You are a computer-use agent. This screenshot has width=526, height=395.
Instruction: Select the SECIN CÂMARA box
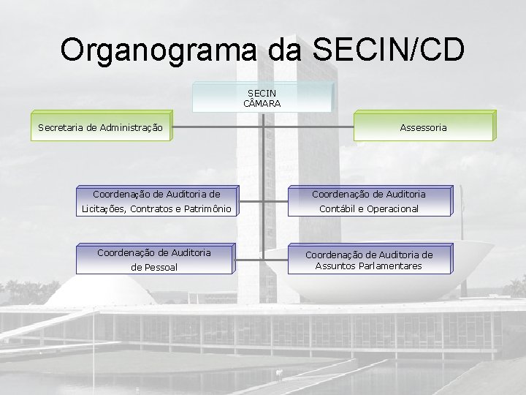(262, 98)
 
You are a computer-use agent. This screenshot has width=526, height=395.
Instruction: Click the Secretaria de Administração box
(100, 127)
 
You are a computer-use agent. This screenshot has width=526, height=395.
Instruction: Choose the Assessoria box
(423, 127)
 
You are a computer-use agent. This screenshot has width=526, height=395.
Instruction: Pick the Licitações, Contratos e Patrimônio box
(156, 202)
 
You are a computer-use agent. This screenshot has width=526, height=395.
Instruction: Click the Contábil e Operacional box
(369, 202)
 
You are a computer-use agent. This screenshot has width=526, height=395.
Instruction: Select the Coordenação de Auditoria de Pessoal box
(154, 260)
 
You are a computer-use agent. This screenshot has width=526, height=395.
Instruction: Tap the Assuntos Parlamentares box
(369, 260)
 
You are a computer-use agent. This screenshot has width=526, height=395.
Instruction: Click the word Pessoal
(154, 268)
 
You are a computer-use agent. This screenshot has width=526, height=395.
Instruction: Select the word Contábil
(338, 209)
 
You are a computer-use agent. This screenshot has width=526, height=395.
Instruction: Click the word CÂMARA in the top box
(262, 104)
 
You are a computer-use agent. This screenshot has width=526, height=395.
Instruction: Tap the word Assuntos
(335, 266)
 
